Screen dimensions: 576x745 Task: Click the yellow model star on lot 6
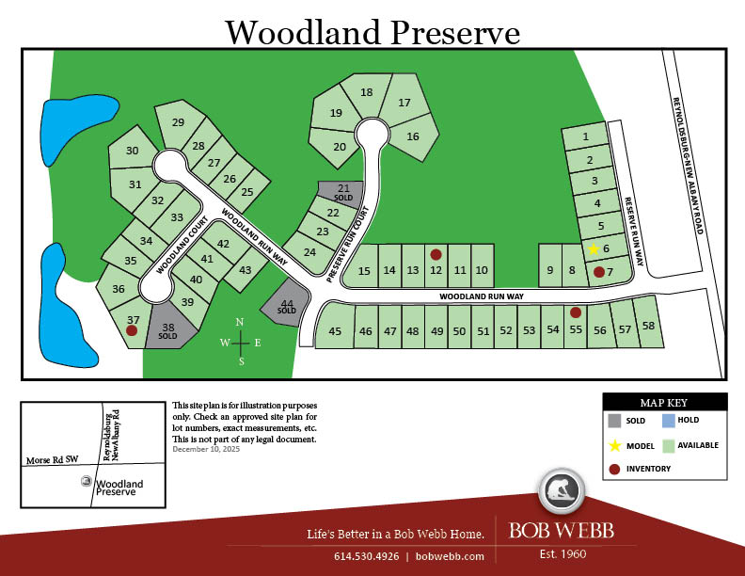click(594, 249)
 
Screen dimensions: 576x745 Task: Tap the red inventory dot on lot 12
click(436, 254)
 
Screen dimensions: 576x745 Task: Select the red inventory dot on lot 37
click(132, 330)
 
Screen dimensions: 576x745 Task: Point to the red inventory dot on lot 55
click(576, 312)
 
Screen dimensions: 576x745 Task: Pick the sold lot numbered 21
click(343, 192)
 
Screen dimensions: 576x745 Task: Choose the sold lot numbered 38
click(168, 329)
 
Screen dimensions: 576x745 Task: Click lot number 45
click(335, 330)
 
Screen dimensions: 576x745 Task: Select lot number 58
click(648, 326)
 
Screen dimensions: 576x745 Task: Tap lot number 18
click(367, 92)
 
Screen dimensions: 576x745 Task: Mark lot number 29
click(177, 123)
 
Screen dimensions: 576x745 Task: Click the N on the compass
click(240, 323)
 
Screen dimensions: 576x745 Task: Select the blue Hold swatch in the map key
click(668, 421)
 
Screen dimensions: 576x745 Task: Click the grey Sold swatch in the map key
click(614, 421)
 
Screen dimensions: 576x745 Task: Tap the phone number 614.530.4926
click(365, 556)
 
